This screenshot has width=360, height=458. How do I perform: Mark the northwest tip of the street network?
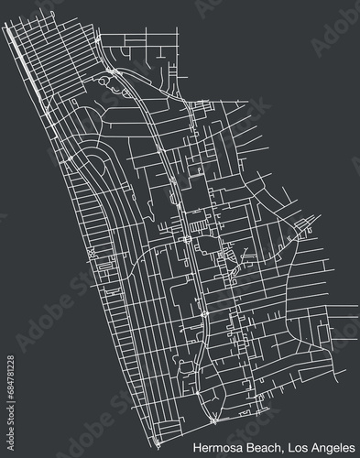coord(5,26)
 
